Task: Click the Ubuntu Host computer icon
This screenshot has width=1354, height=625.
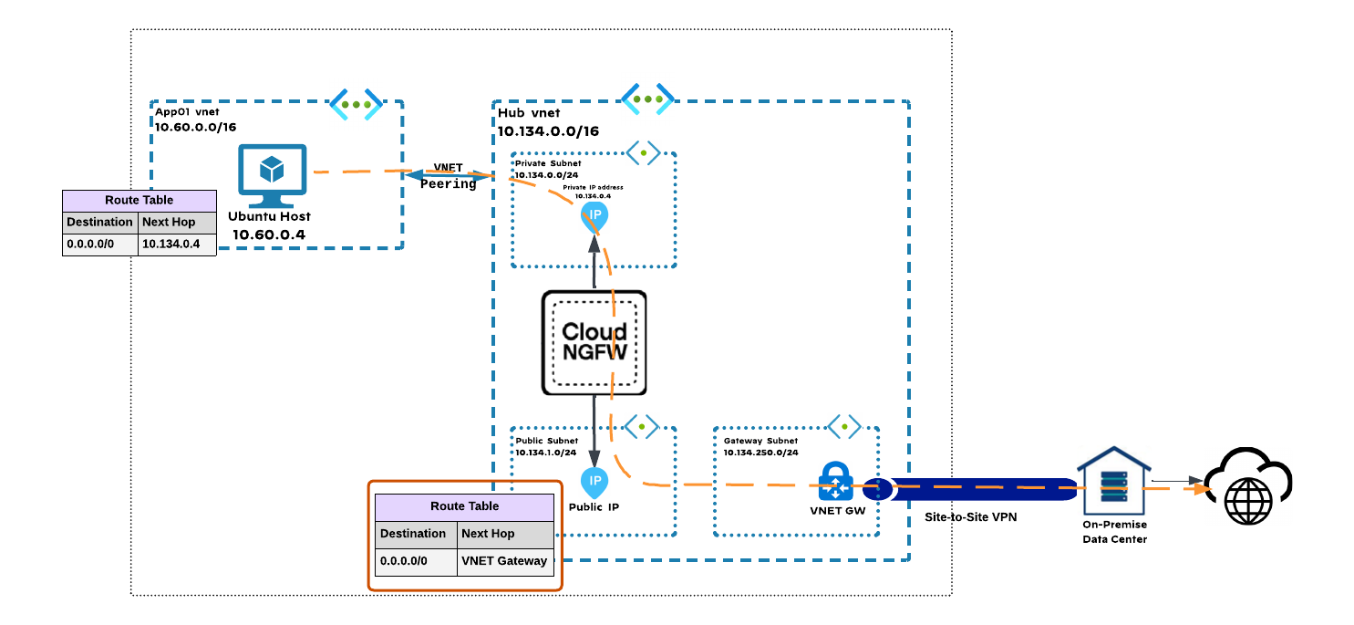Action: (x=272, y=175)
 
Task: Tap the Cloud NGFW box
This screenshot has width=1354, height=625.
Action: (x=594, y=342)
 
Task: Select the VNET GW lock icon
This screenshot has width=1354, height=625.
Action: (x=836, y=482)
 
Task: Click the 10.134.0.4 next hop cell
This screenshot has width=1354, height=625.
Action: (x=177, y=245)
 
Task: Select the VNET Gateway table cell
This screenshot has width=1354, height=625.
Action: (x=505, y=561)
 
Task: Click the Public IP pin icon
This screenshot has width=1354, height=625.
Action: (x=594, y=483)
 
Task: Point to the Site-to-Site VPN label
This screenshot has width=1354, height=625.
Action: (x=971, y=517)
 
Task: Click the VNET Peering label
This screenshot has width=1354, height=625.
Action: (x=448, y=175)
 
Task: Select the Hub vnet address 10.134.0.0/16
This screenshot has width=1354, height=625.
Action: (x=548, y=131)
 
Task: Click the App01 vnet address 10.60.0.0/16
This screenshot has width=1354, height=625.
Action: (x=195, y=127)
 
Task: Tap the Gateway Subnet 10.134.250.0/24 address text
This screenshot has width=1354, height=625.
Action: (x=760, y=453)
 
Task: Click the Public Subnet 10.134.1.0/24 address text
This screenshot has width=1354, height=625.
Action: (x=546, y=453)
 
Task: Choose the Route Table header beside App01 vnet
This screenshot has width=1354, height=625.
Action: (x=139, y=200)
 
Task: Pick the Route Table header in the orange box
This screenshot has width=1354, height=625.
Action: (x=464, y=507)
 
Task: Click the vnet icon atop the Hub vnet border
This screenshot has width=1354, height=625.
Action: (x=647, y=99)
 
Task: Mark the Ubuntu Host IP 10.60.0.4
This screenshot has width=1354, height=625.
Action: (x=269, y=234)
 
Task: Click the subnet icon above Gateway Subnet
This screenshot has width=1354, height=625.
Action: (x=844, y=426)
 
